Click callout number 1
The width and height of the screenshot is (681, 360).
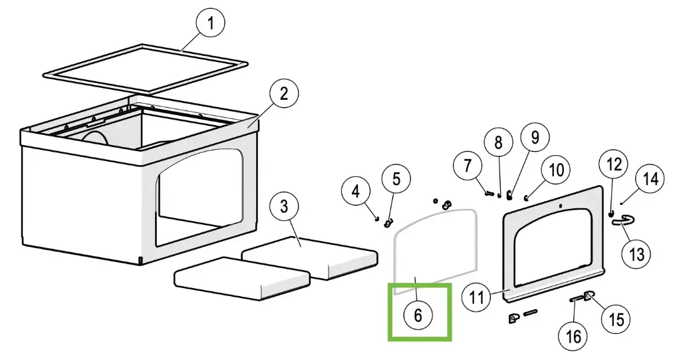coord(211,25)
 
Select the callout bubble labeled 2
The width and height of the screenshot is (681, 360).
coord(284,94)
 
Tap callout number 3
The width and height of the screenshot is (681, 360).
coord(284,206)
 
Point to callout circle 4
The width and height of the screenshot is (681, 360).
coord(356,192)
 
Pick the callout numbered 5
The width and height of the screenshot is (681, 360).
coord(396,179)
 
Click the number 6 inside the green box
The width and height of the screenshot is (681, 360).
coord(418,315)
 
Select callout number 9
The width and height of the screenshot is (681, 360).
coord(535,137)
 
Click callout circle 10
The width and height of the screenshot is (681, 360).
coord(556,170)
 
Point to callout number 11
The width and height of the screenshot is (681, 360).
coord(477,295)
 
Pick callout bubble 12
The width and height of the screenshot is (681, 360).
coord(614,164)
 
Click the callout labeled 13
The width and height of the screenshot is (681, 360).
coord(636,254)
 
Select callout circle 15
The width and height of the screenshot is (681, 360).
coord(616,319)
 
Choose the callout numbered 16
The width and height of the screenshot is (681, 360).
coord(573,337)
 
